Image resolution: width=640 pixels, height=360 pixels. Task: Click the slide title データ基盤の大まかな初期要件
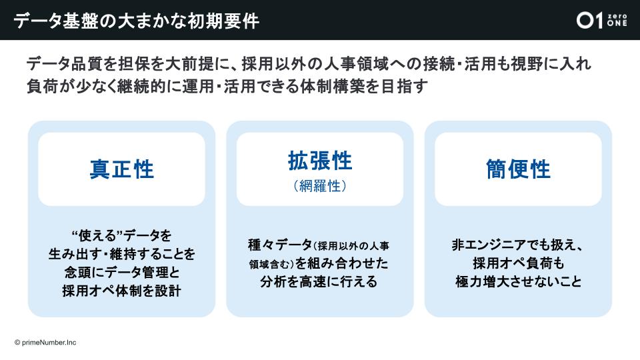point(136,21)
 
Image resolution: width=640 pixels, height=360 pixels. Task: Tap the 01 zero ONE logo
point(601,20)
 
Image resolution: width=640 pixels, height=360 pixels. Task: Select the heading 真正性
point(121,169)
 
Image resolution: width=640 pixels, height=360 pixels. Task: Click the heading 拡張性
point(320,161)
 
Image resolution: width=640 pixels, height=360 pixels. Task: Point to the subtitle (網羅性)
point(320,186)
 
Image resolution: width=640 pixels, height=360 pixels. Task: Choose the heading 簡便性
point(518,169)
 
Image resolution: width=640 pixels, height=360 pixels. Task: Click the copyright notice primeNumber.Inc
point(45,343)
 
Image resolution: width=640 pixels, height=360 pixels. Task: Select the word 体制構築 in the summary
point(338,86)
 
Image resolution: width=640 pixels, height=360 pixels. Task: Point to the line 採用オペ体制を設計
point(121,291)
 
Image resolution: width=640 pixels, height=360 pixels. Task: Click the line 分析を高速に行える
point(319,281)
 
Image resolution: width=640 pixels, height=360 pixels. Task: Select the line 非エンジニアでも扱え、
point(518,245)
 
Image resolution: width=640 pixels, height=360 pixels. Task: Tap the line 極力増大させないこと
point(519,281)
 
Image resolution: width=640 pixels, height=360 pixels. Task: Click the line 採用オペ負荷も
point(519,263)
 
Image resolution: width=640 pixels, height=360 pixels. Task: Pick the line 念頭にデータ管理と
point(121,272)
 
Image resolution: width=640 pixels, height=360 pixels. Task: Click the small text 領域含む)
point(271,265)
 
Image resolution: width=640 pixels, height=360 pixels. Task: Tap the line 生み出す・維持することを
point(121,254)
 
